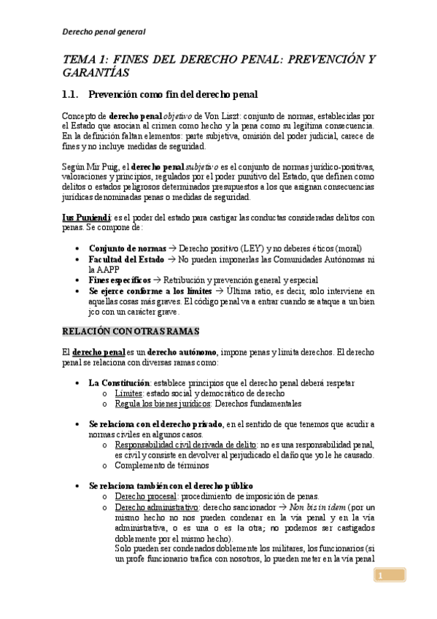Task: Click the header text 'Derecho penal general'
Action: click(x=104, y=32)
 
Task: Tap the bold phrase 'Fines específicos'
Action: click(x=120, y=280)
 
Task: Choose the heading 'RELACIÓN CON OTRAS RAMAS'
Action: click(x=131, y=331)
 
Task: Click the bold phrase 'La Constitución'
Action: click(x=120, y=382)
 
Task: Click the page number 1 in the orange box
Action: click(x=380, y=577)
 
